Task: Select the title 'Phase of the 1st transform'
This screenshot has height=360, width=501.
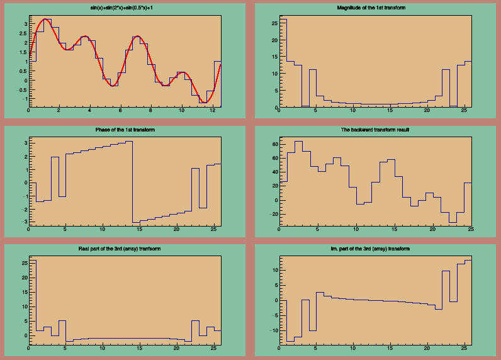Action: point(122,129)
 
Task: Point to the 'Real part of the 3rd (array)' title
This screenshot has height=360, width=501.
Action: point(122,249)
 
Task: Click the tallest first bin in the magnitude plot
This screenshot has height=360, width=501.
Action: point(283,63)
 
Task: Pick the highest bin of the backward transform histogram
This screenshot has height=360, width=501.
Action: point(298,142)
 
